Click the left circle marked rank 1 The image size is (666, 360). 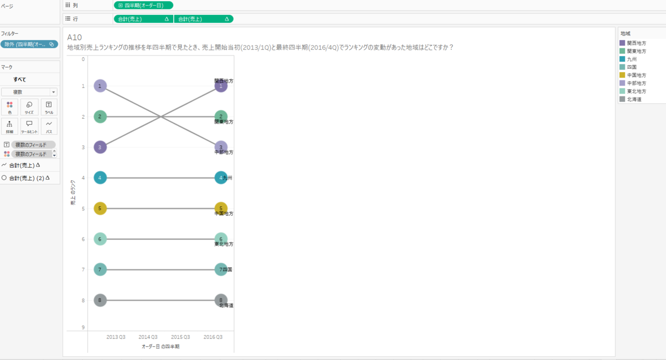pos(100,86)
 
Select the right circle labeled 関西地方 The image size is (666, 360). pos(221,86)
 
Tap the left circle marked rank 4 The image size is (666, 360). pos(100,178)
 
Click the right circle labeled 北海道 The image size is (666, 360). pos(221,300)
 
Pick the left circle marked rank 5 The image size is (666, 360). pos(100,209)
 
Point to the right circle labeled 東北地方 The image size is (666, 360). pos(221,239)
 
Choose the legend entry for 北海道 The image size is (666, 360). pos(633,99)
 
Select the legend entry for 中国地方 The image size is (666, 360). pos(635,75)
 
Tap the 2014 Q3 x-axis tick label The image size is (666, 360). pos(148,337)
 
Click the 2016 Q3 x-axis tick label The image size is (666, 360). pos(213,337)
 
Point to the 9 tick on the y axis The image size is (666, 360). pos(83,327)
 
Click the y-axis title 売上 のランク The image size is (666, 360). pos(73,194)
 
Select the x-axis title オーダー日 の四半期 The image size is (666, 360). pos(160,346)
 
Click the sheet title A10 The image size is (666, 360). pos(74,37)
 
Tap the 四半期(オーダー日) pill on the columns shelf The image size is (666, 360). pos(143,5)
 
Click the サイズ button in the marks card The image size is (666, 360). pos(29,107)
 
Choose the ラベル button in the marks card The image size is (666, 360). pos(49,107)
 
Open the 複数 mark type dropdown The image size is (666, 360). pos(29,92)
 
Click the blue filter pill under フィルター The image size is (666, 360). pos(29,44)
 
